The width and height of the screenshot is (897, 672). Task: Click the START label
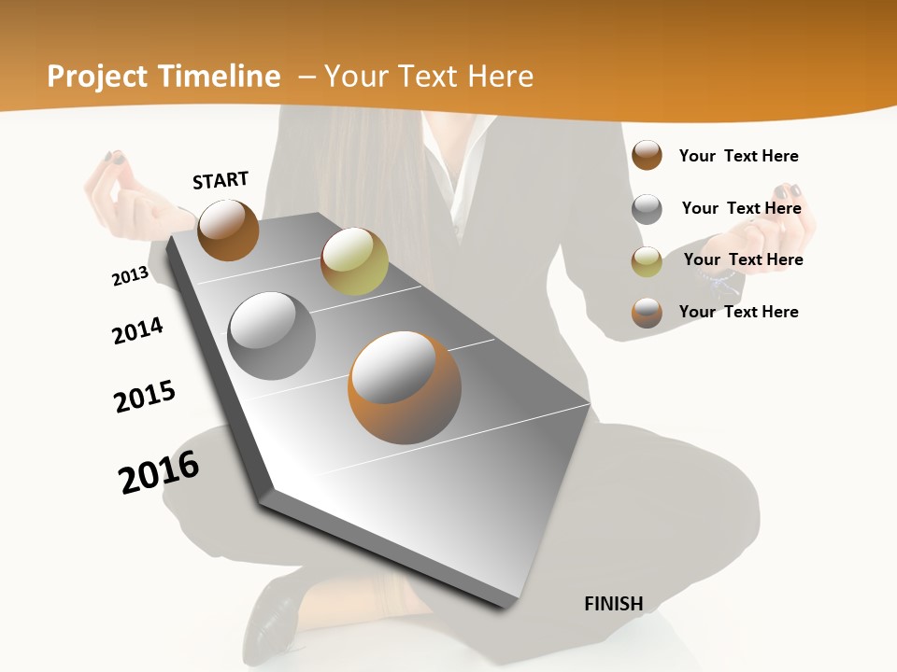pyautogui.click(x=221, y=180)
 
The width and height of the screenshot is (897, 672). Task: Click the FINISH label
pyautogui.click(x=613, y=604)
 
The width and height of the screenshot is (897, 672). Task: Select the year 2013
pyautogui.click(x=130, y=276)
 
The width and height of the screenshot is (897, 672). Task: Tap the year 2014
pyautogui.click(x=137, y=330)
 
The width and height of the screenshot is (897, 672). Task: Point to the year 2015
pyautogui.click(x=145, y=397)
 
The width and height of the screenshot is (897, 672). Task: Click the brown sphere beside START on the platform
pyautogui.click(x=228, y=230)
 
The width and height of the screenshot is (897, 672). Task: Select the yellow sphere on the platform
pyautogui.click(x=354, y=260)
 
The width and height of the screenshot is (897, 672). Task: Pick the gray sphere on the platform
pyautogui.click(x=272, y=335)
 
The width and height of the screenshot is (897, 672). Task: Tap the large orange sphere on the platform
pyautogui.click(x=405, y=387)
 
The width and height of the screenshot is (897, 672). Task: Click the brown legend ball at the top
pyautogui.click(x=647, y=155)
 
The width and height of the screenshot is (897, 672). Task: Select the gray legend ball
pyautogui.click(x=647, y=209)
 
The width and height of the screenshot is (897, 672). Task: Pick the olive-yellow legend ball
pyautogui.click(x=647, y=260)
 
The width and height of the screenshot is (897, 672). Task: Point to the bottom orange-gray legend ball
pyautogui.click(x=647, y=313)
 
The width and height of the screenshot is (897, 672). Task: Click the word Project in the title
pyautogui.click(x=98, y=77)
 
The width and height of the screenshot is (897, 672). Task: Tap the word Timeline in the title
pyautogui.click(x=220, y=77)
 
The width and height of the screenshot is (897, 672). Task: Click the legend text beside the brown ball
pyautogui.click(x=738, y=156)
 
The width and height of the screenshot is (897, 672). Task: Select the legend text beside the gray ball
pyautogui.click(x=741, y=208)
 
